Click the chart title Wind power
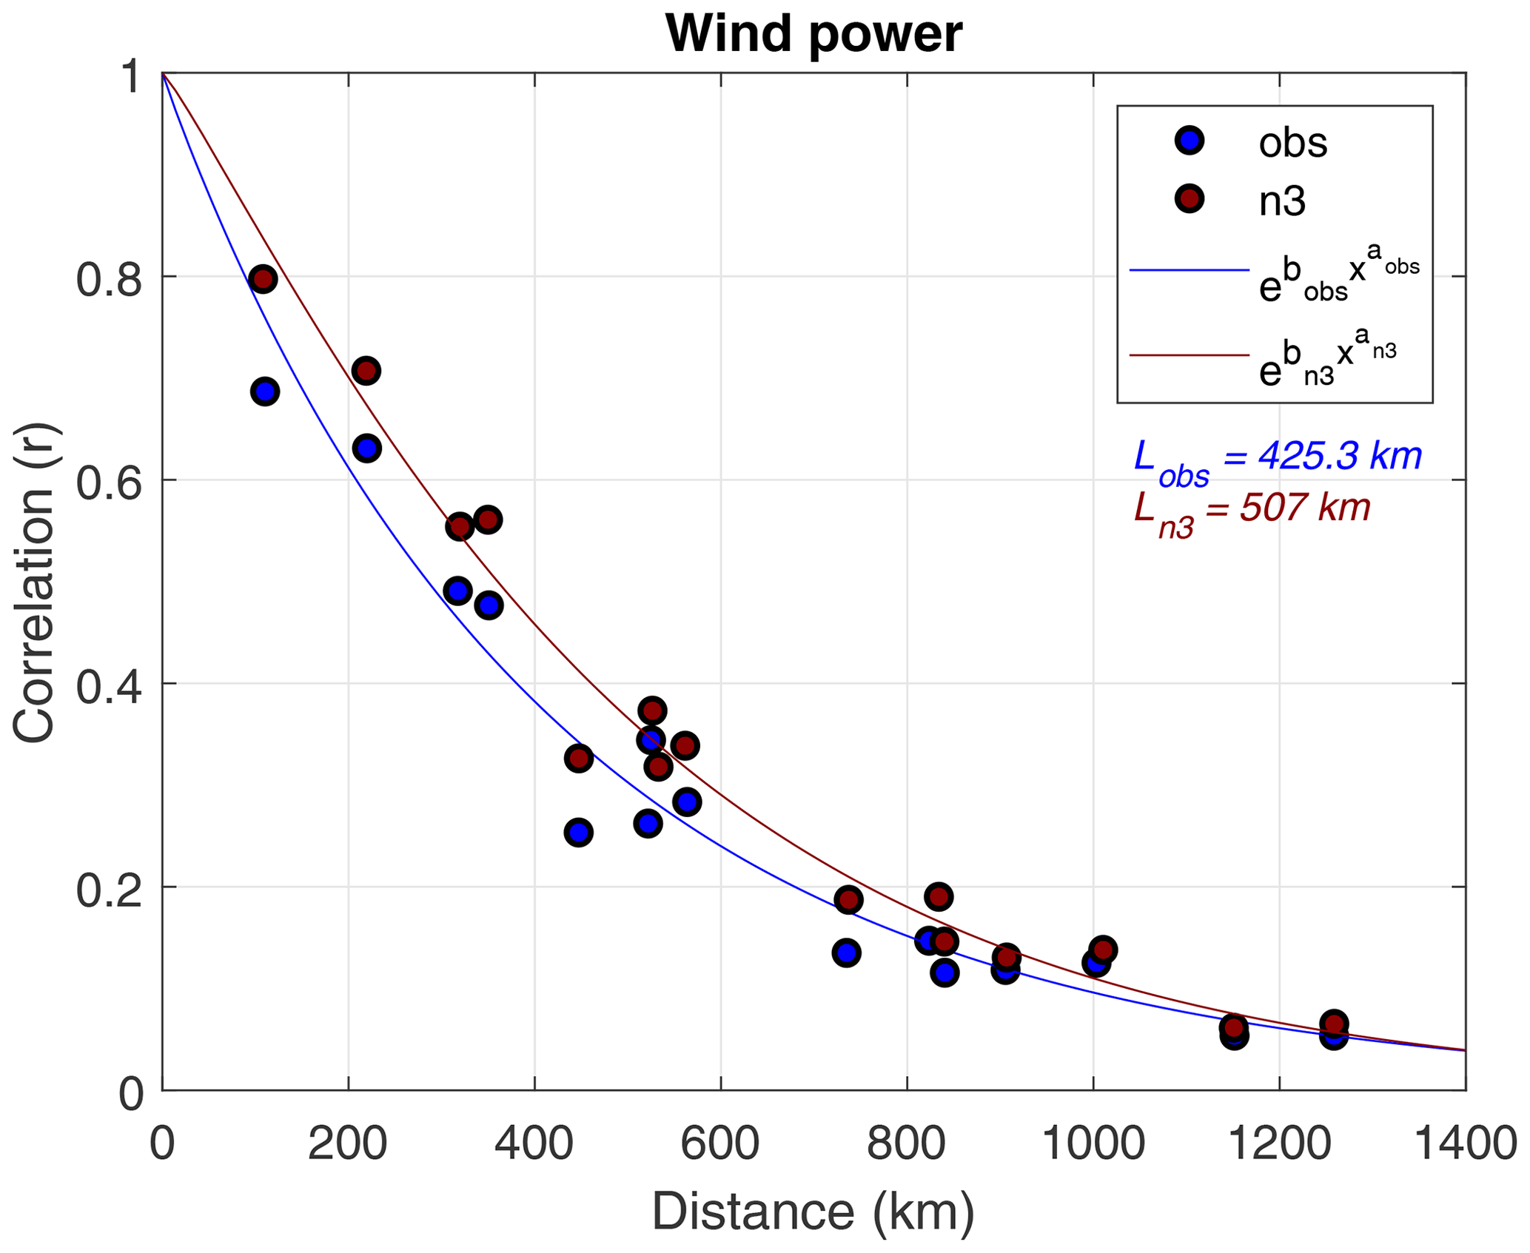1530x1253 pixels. coord(813,34)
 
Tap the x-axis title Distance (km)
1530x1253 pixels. coord(813,1212)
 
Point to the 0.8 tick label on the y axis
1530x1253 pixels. coord(109,281)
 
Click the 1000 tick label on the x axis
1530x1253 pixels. coord(1093,1144)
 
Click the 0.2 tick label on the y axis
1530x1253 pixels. coord(109,891)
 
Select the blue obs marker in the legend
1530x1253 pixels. coord(1190,141)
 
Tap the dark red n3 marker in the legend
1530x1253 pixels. coord(1190,199)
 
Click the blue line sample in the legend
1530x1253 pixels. coord(1189,271)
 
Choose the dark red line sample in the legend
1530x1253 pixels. coord(1189,356)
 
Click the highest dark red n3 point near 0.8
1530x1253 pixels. coord(262,279)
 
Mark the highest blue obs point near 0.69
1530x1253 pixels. coord(265,391)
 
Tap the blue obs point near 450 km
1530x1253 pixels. coord(578,833)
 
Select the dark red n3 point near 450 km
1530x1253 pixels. coord(578,759)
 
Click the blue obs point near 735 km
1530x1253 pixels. coord(846,953)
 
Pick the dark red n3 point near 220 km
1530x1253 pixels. coord(366,370)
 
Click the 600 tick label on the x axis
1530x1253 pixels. coord(719,1144)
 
